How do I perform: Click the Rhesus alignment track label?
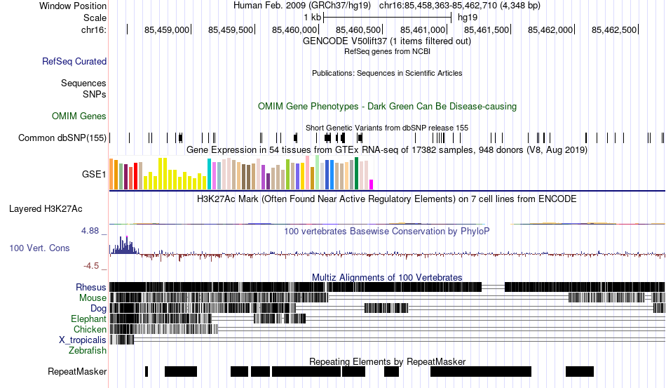pos(91,287)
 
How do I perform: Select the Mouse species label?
pos(93,298)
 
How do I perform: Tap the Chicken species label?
pos(90,329)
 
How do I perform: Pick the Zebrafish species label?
pos(88,351)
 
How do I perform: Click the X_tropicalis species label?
pos(83,340)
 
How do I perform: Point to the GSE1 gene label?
pos(94,174)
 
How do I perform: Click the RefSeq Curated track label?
pos(74,61)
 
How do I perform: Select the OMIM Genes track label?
pos(79,116)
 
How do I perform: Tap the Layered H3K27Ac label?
pos(46,208)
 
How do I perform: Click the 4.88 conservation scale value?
pos(90,231)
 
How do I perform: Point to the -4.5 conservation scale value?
pos(91,266)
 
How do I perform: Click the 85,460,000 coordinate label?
pos(294,29)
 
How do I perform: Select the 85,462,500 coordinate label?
pos(614,29)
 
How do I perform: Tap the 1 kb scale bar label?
pos(312,18)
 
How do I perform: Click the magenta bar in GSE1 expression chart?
pos(372,185)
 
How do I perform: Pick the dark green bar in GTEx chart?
pos(356,173)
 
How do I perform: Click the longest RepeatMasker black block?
pos(481,371)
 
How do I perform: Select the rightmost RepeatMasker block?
pos(579,371)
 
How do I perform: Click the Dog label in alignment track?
pos(98,308)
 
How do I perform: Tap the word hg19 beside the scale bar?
pos(468,18)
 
